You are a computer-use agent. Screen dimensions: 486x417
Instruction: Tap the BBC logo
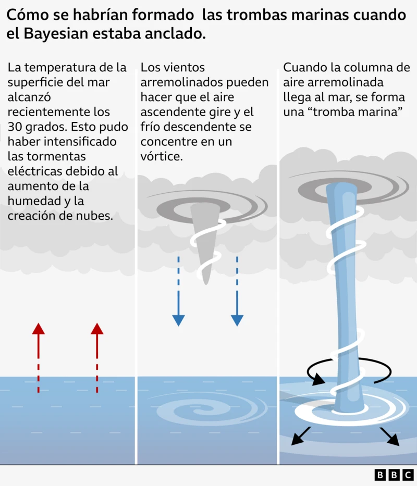pyautogui.click(x=394, y=475)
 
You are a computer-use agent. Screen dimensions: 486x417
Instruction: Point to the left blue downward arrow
pyautogui.click(x=178, y=292)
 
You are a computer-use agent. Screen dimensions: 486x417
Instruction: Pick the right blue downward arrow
pyautogui.click(x=237, y=292)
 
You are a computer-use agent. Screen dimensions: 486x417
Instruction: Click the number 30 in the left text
pyautogui.click(x=17, y=127)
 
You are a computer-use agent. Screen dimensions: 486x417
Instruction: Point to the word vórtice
pyautogui.click(x=162, y=156)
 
